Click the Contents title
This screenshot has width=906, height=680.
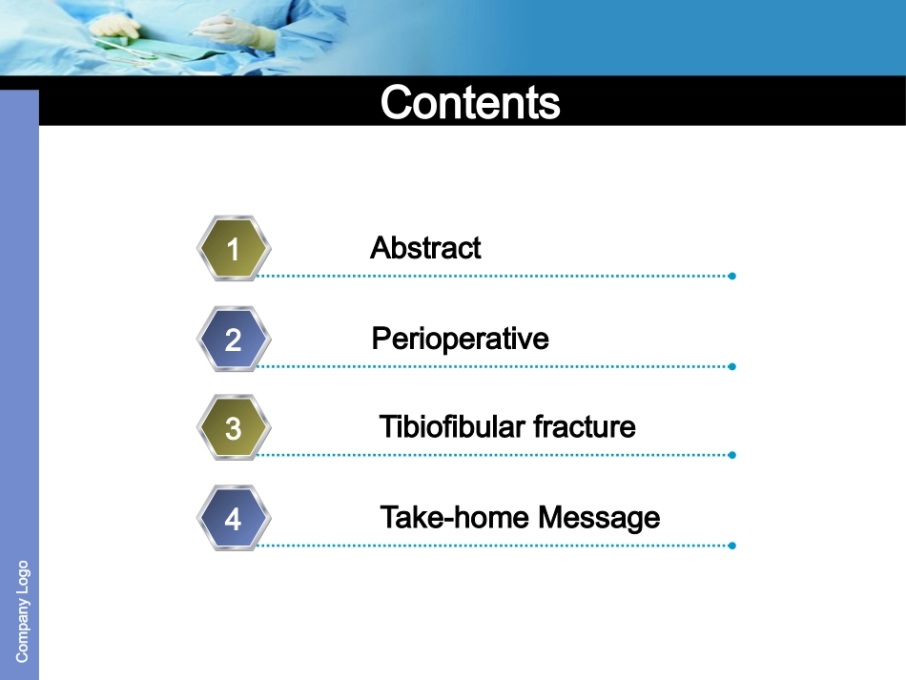pos(470,102)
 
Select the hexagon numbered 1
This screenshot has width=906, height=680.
pos(234,248)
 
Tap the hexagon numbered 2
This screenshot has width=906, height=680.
pos(234,340)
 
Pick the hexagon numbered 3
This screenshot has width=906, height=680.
pos(234,427)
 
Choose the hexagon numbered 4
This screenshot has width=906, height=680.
pos(234,518)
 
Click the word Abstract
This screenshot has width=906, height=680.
pos(426,248)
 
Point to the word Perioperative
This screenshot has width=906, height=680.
pos(460,340)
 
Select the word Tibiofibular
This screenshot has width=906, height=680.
pos(452,427)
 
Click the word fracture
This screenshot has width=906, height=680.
pos(585,427)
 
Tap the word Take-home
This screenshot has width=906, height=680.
pos(455,517)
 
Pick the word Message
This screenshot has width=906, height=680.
pos(599,517)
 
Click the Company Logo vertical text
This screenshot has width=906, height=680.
pos(22,611)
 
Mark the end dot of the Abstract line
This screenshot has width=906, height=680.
pos(732,277)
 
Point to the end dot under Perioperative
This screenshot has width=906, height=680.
pos(732,367)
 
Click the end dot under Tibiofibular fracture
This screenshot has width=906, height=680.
pos(732,455)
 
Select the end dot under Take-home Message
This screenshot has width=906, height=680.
pos(732,546)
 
